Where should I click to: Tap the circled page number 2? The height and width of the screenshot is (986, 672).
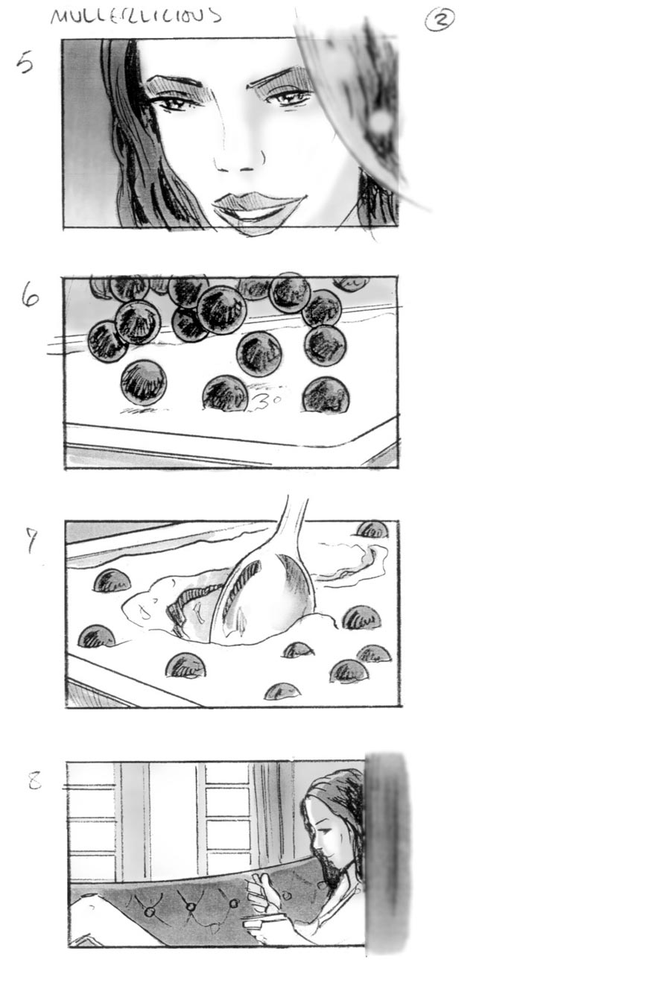pyautogui.click(x=439, y=21)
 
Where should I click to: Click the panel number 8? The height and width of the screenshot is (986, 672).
pyautogui.click(x=34, y=781)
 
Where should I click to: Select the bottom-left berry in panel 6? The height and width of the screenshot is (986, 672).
pyautogui.click(x=143, y=382)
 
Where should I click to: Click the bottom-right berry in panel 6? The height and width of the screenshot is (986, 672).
pyautogui.click(x=326, y=395)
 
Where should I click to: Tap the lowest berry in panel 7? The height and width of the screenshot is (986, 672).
pyautogui.click(x=283, y=691)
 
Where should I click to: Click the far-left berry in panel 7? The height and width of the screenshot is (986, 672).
pyautogui.click(x=95, y=638)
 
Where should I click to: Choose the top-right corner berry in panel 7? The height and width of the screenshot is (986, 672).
pyautogui.click(x=373, y=530)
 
